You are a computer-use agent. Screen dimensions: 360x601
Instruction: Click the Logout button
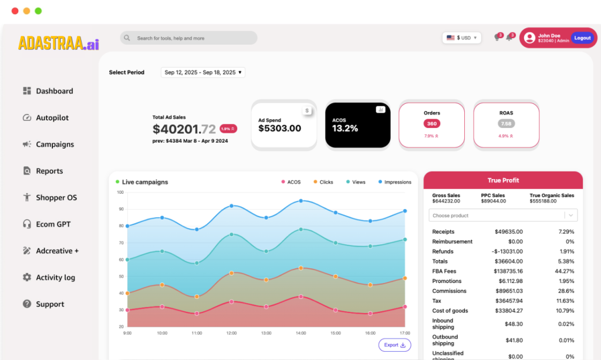click(582, 38)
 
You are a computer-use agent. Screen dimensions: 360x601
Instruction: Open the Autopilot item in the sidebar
click(52, 118)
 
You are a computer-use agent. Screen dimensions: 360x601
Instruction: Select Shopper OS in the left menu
click(56, 198)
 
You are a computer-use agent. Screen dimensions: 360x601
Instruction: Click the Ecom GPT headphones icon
click(26, 224)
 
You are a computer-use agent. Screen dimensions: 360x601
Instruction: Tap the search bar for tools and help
click(188, 38)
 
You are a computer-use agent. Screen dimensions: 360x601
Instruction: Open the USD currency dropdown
click(461, 38)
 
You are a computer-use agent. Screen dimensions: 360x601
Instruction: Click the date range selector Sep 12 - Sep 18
click(203, 72)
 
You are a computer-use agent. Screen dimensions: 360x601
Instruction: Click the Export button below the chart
click(394, 345)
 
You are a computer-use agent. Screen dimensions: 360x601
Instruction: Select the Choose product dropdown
click(503, 216)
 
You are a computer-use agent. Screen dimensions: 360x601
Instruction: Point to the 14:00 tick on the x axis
click(301, 333)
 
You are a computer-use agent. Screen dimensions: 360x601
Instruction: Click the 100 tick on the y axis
click(120, 192)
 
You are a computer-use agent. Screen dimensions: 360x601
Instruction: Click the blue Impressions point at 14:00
click(301, 201)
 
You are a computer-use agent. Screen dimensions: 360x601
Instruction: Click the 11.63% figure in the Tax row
click(565, 301)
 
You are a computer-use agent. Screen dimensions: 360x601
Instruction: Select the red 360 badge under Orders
click(432, 124)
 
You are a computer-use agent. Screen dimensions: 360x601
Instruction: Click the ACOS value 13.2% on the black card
click(345, 129)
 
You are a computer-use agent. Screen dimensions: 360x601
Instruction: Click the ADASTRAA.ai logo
click(59, 43)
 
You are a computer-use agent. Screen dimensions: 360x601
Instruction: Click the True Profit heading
click(503, 180)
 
